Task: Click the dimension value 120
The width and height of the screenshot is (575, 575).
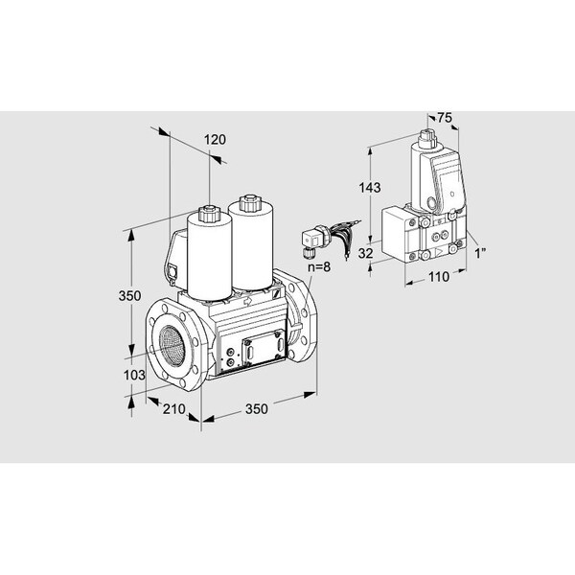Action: tap(215, 140)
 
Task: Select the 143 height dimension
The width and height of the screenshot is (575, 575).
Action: tap(370, 188)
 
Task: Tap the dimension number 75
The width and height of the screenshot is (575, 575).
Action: tap(445, 118)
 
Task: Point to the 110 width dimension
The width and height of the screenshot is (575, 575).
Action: tap(439, 277)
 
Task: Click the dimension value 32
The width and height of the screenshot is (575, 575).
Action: tap(366, 253)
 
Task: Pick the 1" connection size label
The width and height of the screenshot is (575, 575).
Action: tap(480, 253)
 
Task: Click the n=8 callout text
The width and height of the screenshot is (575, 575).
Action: tap(319, 266)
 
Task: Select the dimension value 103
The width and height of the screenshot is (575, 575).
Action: tap(134, 375)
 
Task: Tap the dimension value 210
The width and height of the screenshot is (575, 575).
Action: tap(174, 409)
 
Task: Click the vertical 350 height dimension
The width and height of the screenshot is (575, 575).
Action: tap(129, 295)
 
